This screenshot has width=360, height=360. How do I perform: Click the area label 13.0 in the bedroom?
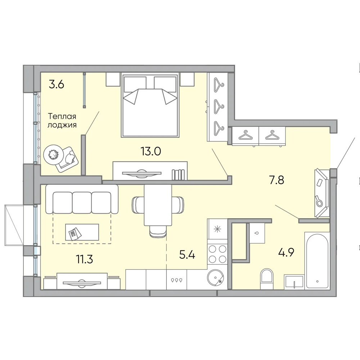point(151,151)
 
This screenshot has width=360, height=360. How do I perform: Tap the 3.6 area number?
point(57,85)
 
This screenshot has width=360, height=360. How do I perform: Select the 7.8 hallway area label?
point(276,180)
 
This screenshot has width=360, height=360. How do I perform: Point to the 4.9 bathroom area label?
point(286,253)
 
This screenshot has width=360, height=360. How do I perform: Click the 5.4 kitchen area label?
point(187,255)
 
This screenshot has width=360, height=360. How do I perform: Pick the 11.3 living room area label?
point(85,260)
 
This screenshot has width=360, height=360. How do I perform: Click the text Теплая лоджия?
point(62,121)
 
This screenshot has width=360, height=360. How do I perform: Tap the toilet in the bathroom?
point(267,279)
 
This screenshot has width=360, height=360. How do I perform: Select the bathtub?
point(317,261)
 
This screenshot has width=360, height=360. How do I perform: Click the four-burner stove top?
point(217,254)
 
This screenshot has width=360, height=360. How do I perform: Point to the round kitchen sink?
point(215,278)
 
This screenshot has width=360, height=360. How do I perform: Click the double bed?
point(150,105)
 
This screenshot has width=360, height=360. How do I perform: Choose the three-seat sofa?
point(82,199)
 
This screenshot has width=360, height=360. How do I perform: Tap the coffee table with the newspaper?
point(82,232)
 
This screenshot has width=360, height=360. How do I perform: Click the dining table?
point(158,205)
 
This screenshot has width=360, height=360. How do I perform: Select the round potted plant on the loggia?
point(54,154)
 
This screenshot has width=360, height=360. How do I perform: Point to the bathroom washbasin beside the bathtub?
point(294,282)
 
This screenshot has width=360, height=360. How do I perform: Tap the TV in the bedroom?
point(141,173)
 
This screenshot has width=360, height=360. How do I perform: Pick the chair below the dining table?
point(158,231)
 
